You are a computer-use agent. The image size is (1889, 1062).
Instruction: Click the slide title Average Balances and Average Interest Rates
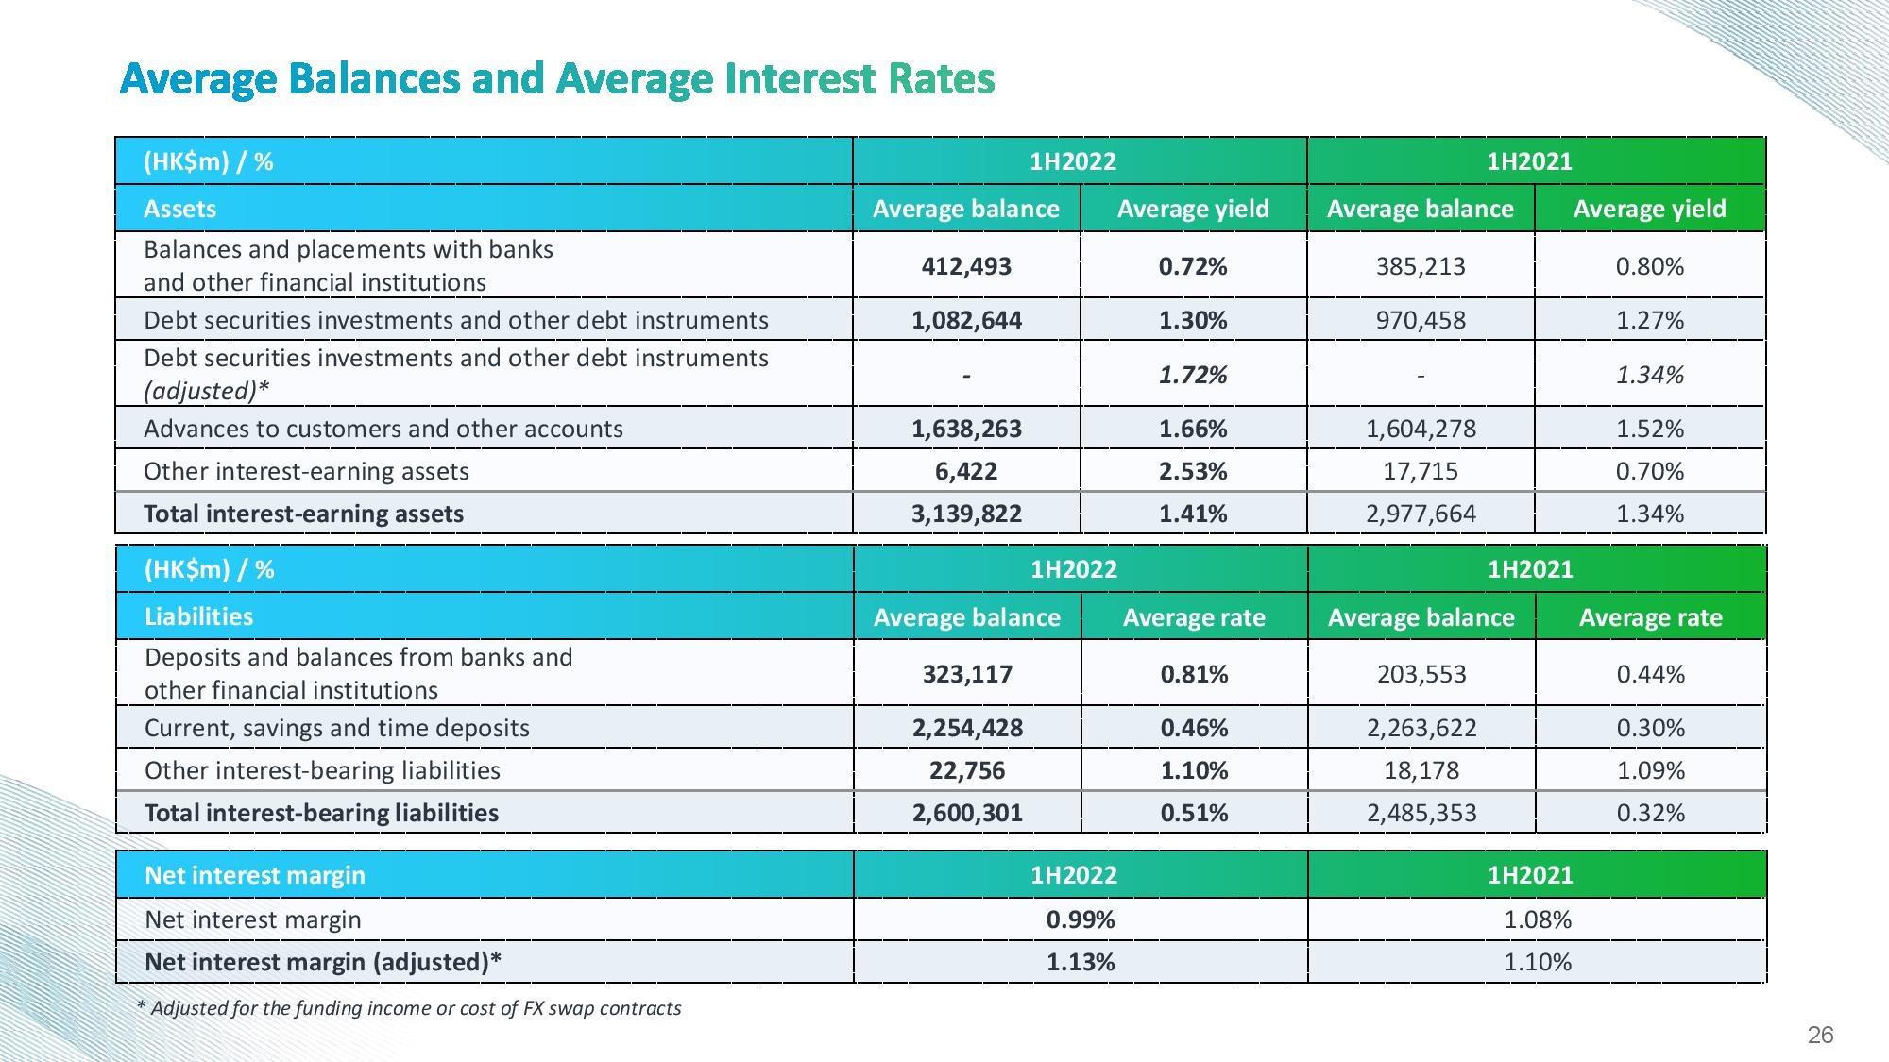(x=557, y=78)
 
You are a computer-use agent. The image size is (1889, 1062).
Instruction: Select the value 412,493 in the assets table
(x=966, y=266)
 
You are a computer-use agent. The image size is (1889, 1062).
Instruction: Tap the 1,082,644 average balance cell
(x=966, y=320)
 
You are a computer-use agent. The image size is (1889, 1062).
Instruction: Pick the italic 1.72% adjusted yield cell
(x=1193, y=375)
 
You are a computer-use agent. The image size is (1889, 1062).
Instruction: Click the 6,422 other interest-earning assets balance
(x=966, y=471)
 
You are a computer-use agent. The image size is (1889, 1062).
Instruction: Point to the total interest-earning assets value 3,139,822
(x=966, y=514)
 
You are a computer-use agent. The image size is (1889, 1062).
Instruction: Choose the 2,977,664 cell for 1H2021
(x=1421, y=514)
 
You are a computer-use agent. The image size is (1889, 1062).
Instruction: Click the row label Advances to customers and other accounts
(x=383, y=429)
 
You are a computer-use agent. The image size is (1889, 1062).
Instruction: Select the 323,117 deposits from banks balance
(x=967, y=674)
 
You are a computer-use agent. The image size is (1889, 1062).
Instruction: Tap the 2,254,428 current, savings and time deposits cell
(x=967, y=728)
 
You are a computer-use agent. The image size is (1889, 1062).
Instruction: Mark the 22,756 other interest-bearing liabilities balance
(x=967, y=770)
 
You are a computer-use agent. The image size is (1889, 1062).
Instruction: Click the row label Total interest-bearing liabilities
(x=321, y=813)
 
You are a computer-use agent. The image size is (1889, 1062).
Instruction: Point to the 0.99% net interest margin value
(x=1081, y=919)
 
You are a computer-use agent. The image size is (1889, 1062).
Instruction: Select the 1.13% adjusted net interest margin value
(x=1081, y=962)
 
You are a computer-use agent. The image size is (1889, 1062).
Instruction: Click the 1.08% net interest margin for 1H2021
(x=1538, y=919)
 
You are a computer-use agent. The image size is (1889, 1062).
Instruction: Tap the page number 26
(x=1820, y=1036)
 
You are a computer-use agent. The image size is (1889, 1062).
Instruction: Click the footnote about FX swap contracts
(x=409, y=1008)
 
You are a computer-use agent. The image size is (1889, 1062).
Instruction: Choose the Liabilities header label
(x=198, y=616)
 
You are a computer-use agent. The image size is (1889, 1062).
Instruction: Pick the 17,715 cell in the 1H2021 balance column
(x=1421, y=471)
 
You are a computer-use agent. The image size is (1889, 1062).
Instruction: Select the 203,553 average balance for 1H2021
(x=1421, y=674)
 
